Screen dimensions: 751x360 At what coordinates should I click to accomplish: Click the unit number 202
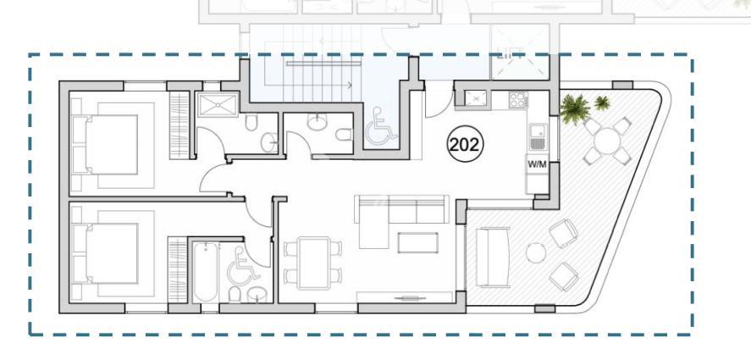point(465,144)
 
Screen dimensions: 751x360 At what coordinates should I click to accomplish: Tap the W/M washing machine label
point(537,164)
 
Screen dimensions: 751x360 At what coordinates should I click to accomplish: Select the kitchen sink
point(537,136)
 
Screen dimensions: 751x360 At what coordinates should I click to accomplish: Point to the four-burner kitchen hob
point(518,99)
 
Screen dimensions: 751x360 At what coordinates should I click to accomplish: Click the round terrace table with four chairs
point(607,141)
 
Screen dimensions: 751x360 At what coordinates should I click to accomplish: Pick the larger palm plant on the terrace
point(574,108)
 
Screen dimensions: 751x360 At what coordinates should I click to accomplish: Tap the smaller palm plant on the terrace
point(602,102)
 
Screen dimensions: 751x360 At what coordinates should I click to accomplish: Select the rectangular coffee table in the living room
point(417,242)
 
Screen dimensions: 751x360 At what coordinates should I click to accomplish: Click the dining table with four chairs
point(313,263)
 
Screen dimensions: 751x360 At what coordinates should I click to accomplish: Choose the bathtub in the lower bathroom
point(206,272)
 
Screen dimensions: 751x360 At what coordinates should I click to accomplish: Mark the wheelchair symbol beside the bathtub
point(243,267)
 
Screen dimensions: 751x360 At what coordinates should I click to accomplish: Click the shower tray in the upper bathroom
point(218,105)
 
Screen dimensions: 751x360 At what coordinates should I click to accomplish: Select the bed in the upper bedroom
point(112,145)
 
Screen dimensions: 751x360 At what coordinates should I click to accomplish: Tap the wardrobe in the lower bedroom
point(177,270)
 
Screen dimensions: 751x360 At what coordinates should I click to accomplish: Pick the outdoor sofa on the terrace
point(493,257)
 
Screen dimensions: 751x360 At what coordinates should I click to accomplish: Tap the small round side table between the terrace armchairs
point(535,252)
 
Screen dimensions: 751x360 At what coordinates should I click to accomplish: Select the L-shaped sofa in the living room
point(400,217)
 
